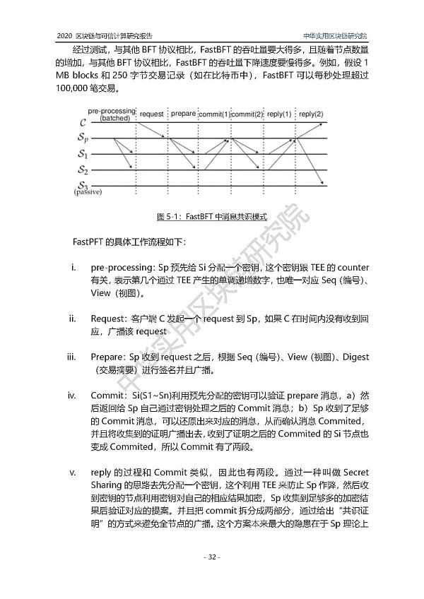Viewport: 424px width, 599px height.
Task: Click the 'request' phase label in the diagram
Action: pyautogui.click(x=152, y=114)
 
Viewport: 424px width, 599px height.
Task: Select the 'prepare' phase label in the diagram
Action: pyautogui.click(x=184, y=114)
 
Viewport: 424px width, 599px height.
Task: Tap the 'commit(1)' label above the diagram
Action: pyautogui.click(x=214, y=114)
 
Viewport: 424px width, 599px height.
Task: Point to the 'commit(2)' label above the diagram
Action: pyautogui.click(x=247, y=114)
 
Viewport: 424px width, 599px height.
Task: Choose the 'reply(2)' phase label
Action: pyautogui.click(x=311, y=114)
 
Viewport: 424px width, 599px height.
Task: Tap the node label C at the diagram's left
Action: pyautogui.click(x=83, y=124)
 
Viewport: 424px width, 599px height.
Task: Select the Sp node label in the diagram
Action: pyautogui.click(x=83, y=138)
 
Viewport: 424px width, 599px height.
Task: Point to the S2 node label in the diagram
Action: pyautogui.click(x=83, y=170)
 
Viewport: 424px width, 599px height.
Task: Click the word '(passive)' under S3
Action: pyautogui.click(x=88, y=192)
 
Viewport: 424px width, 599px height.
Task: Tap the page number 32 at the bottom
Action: pyautogui.click(x=211, y=577)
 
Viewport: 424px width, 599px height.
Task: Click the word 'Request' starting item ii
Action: pyautogui.click(x=106, y=319)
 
